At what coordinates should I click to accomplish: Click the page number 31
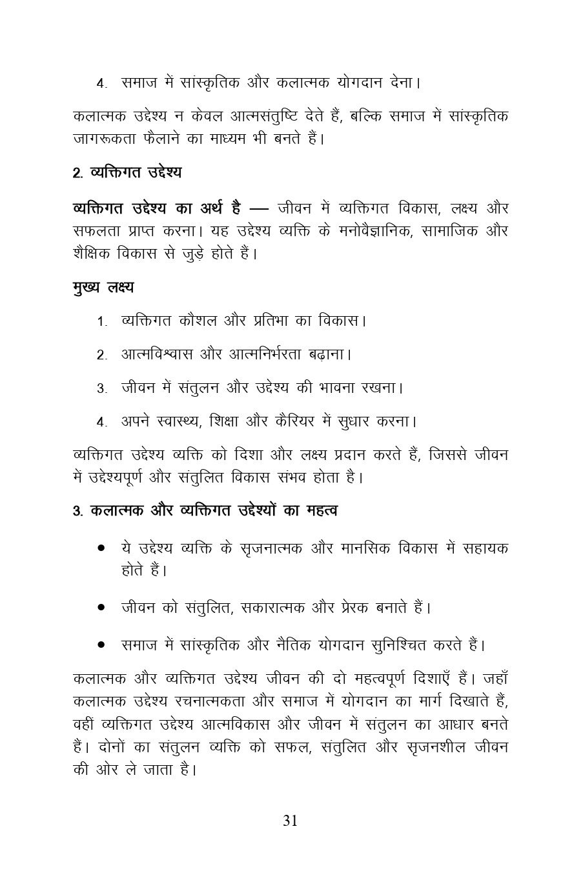tap(290, 820)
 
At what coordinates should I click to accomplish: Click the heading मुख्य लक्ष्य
tap(103, 286)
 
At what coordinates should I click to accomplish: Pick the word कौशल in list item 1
tap(196, 320)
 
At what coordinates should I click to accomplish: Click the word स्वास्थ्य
tap(181, 422)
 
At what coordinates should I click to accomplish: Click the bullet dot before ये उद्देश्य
tap(101, 548)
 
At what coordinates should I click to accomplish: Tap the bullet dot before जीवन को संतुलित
tap(101, 608)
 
